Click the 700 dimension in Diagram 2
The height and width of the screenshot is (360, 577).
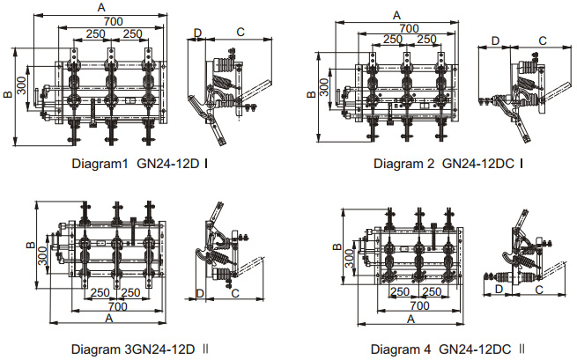click(408, 28)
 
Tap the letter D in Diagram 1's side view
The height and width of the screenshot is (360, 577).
click(196, 33)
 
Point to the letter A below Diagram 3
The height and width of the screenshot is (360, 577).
click(109, 317)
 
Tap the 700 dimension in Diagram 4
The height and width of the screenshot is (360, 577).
click(420, 305)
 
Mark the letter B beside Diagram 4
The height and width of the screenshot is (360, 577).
click(337, 247)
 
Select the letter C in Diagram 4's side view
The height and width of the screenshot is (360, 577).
click(540, 288)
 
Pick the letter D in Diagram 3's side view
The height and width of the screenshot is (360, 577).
click(201, 292)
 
